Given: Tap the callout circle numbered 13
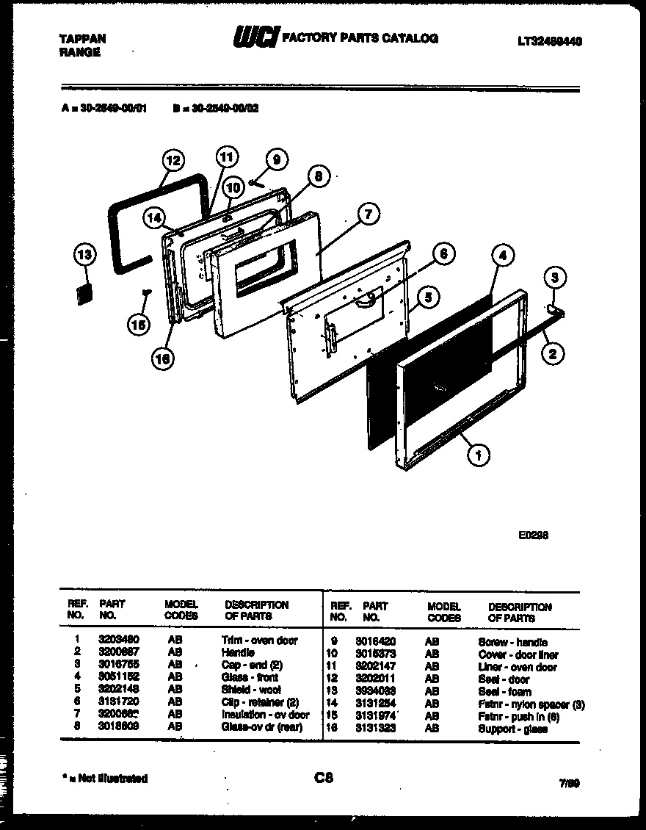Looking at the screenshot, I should point(85,256).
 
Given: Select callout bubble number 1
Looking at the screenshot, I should point(478,456).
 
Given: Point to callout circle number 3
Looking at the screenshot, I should point(555,278).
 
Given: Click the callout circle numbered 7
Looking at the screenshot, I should point(369,214).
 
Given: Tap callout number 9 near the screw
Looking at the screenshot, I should point(276,159).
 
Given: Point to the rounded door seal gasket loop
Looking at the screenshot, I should point(139,220).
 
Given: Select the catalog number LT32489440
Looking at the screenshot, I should point(550,43).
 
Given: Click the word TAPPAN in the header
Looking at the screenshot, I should point(81,38).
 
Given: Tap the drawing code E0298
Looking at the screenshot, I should point(534,535).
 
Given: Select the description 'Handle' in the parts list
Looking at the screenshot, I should point(238,652).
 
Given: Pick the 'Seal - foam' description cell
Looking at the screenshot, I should point(503,692).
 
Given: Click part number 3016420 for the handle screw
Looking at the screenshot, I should point(375,641).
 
